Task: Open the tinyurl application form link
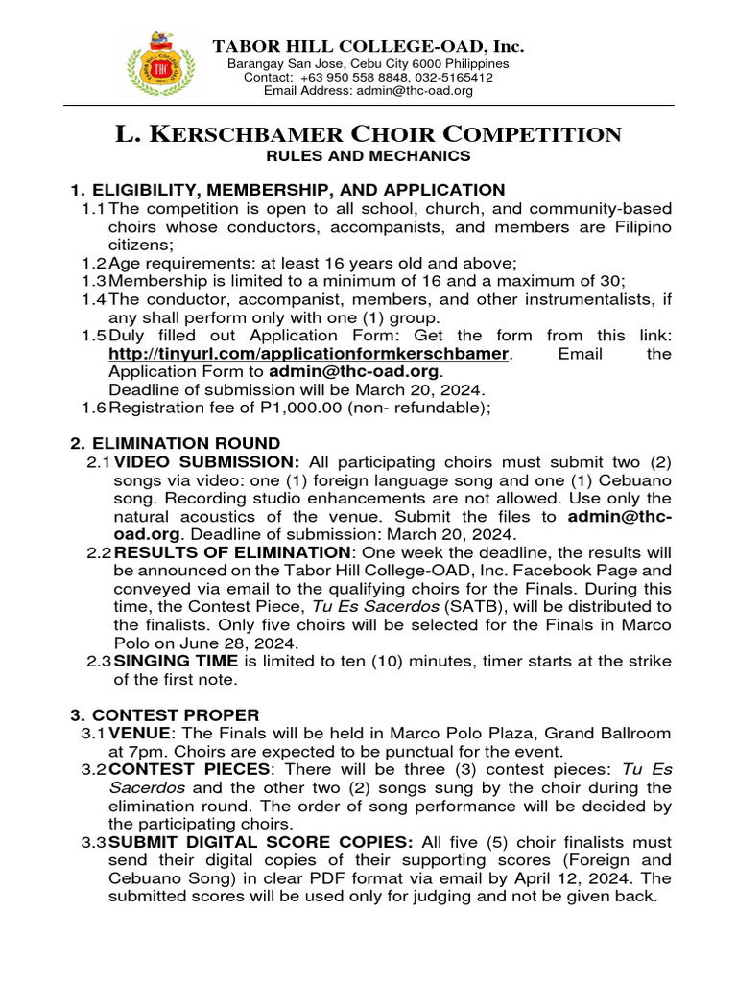pos(307,355)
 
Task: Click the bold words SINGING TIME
pos(170,662)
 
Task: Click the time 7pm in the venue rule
pos(136,752)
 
